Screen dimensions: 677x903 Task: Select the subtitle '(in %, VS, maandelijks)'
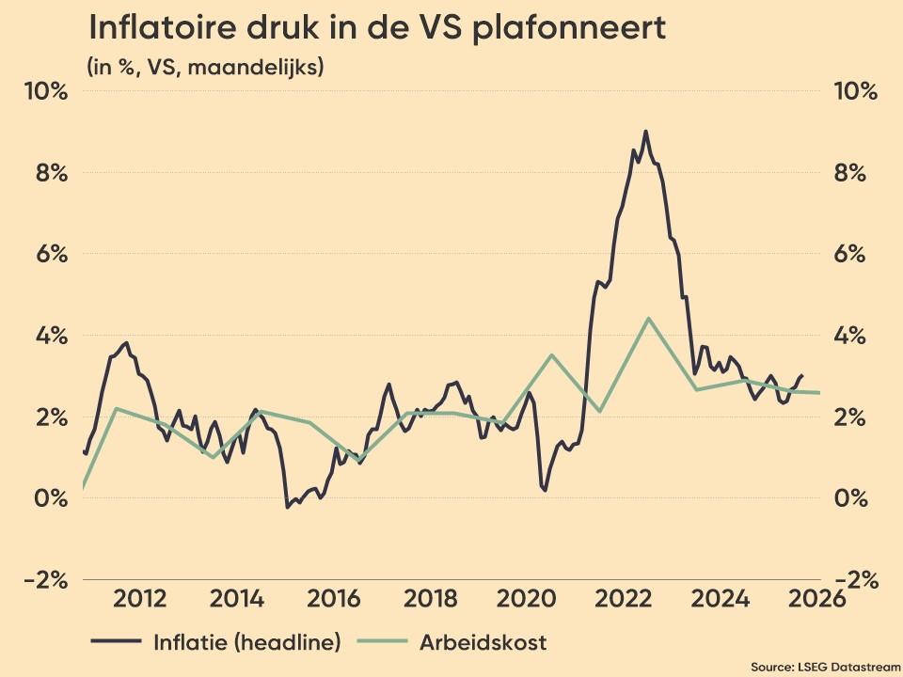(x=204, y=68)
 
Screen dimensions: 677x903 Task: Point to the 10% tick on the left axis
(x=47, y=92)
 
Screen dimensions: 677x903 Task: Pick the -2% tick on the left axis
(x=45, y=580)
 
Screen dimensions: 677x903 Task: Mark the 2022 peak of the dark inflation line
(x=645, y=132)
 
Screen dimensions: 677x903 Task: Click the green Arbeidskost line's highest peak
(x=648, y=318)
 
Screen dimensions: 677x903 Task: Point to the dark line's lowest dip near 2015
(x=287, y=507)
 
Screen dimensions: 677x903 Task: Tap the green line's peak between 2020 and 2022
(x=552, y=354)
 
